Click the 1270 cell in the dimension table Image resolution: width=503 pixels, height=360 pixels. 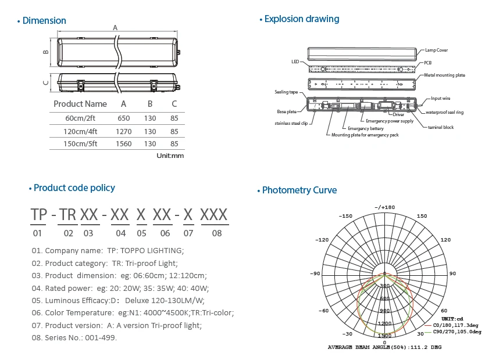(123, 132)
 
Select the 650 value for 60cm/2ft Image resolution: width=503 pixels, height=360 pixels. (123, 118)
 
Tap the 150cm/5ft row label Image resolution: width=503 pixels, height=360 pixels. (80, 144)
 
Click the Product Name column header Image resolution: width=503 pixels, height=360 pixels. (80, 104)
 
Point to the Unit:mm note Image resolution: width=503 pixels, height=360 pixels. (170, 156)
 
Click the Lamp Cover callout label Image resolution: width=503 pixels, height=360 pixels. (436, 50)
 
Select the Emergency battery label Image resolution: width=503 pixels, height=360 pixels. (366, 128)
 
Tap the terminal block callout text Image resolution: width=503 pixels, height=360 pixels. (441, 127)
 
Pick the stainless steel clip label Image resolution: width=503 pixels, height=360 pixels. (291, 123)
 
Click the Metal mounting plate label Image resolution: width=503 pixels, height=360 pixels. (444, 75)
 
